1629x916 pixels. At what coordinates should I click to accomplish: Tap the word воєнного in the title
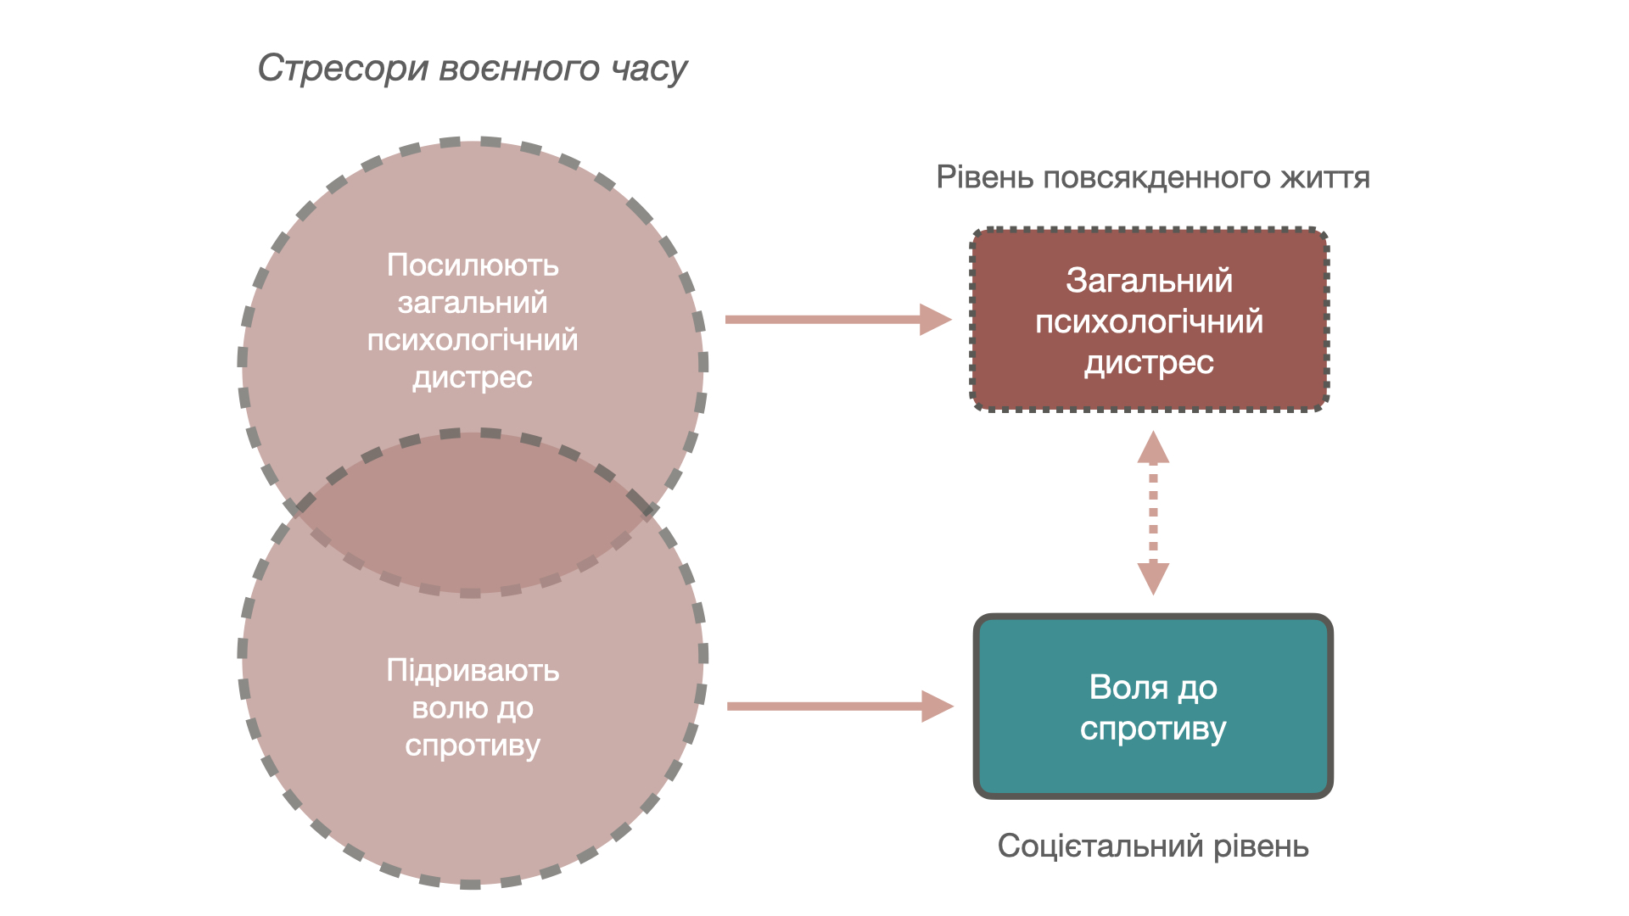[x=518, y=69]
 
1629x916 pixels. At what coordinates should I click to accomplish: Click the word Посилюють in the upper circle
[x=473, y=265]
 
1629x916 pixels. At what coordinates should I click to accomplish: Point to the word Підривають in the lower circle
[x=473, y=671]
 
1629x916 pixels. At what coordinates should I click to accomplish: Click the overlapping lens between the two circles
[x=472, y=512]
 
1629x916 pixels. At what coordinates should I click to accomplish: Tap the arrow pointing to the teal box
[x=839, y=706]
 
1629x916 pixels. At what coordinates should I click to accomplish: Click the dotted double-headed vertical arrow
[x=1153, y=512]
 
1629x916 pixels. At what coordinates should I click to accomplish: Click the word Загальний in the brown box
[x=1149, y=281]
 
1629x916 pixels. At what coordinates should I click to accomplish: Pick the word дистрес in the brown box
[x=1149, y=363]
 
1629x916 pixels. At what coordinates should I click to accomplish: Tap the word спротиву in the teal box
[x=1153, y=729]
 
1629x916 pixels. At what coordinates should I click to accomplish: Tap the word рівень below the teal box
[x=1262, y=846]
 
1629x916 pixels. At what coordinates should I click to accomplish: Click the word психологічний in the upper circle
[x=473, y=340]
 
